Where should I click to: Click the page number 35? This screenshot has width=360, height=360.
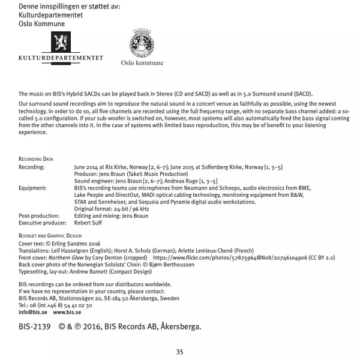pyautogui.click(x=179, y=352)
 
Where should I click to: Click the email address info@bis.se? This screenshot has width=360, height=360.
pyautogui.click(x=33, y=313)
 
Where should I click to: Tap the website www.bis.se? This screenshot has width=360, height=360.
pyautogui.click(x=67, y=313)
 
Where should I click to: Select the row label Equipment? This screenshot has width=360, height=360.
pyautogui.click(x=32, y=188)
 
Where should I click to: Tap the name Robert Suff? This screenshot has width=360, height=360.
pyautogui.click(x=88, y=222)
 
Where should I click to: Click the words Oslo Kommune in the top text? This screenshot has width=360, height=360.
pyautogui.click(x=40, y=22)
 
